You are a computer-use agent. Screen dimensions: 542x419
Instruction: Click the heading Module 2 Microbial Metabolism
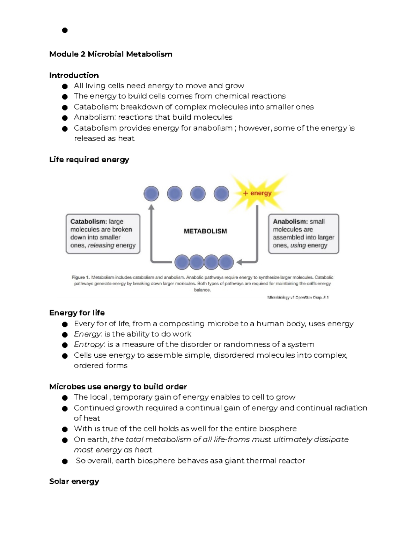[x=111, y=54]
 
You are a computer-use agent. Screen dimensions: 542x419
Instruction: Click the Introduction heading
[x=74, y=75]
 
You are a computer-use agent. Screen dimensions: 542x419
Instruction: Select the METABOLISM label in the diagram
[x=205, y=231]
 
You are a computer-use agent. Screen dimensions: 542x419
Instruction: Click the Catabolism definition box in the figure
[x=103, y=233]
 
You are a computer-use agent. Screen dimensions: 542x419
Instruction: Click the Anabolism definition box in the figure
[x=303, y=233]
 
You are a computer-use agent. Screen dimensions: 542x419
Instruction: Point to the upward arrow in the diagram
[x=151, y=230]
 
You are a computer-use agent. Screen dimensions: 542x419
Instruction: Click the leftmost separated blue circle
[x=151, y=194]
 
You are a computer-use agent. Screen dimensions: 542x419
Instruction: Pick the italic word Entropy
[x=89, y=344]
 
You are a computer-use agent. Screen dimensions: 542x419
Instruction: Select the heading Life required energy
[x=89, y=159]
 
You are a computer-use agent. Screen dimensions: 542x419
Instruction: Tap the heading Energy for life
[x=77, y=313]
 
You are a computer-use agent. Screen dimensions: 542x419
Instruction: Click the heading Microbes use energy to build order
[x=118, y=387]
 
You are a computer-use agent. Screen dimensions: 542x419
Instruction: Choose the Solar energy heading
[x=74, y=481]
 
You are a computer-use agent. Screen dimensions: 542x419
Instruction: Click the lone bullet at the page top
[x=65, y=30]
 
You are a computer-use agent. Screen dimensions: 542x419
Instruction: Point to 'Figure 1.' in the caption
[x=80, y=277]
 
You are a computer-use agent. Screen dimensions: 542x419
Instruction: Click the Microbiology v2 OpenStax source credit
[x=298, y=298]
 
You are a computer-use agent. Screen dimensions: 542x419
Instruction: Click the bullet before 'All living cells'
[x=65, y=86]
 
